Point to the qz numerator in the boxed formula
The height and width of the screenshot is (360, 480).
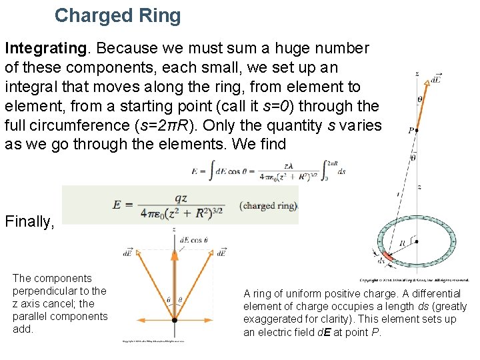(181, 199)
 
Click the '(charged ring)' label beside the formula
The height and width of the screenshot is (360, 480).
(268, 206)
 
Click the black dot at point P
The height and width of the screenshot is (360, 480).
(417, 131)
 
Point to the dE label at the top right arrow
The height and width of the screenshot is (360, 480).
(435, 79)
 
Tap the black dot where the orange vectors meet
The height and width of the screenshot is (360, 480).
(174, 320)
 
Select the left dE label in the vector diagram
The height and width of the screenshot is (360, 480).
(127, 253)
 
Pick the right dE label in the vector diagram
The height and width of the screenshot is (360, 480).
(222, 253)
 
